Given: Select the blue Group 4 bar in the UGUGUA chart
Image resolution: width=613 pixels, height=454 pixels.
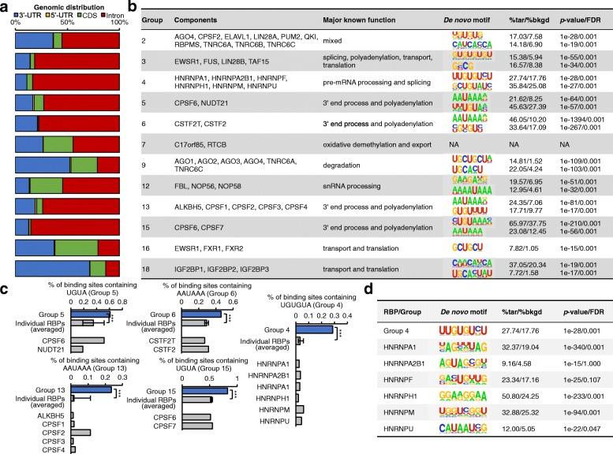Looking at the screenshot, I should (x=308, y=330).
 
